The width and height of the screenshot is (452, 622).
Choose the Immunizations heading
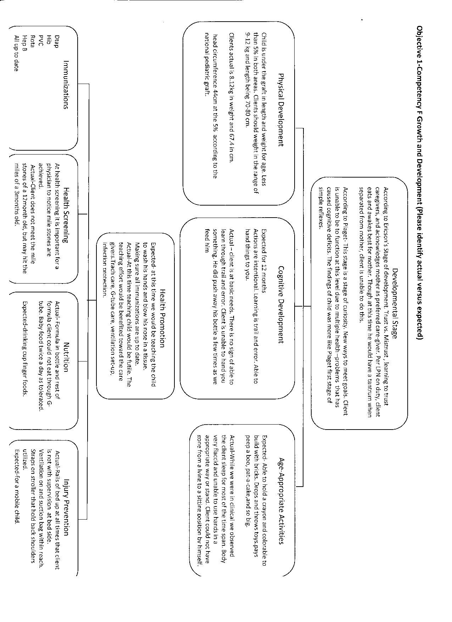(65, 85)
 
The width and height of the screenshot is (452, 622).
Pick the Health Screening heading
(65, 215)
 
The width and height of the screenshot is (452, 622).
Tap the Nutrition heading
(65, 357)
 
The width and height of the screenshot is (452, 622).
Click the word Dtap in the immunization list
(57, 41)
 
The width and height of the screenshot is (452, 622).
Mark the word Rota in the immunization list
(33, 40)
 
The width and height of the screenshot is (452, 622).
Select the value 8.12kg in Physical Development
(231, 84)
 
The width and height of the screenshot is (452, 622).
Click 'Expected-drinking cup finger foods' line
(24, 349)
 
